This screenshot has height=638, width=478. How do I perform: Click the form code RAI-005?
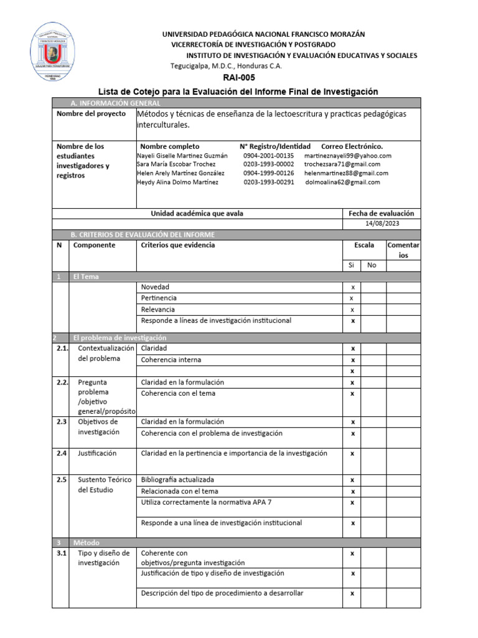(x=239, y=78)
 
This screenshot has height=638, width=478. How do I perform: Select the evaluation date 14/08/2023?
(x=382, y=224)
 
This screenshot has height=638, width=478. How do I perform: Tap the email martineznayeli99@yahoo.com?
(x=348, y=156)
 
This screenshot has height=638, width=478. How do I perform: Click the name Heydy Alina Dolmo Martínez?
(x=177, y=183)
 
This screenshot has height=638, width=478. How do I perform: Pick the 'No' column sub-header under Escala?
(x=372, y=265)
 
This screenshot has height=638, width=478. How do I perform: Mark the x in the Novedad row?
(x=353, y=287)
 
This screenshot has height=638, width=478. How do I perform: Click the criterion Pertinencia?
(x=159, y=298)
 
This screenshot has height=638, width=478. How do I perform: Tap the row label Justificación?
(x=97, y=454)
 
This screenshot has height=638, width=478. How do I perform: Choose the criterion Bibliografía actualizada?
(x=177, y=480)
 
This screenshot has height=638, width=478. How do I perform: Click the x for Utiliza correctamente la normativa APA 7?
(x=352, y=502)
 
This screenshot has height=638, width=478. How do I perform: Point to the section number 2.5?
(x=60, y=480)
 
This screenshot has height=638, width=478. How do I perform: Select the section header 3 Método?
(x=86, y=543)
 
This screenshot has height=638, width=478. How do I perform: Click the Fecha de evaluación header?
(x=381, y=213)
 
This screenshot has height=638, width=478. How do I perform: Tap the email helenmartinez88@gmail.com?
(x=346, y=173)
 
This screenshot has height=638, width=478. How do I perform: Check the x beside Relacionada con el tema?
(x=352, y=492)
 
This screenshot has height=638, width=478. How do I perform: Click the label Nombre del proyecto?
(x=91, y=114)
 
